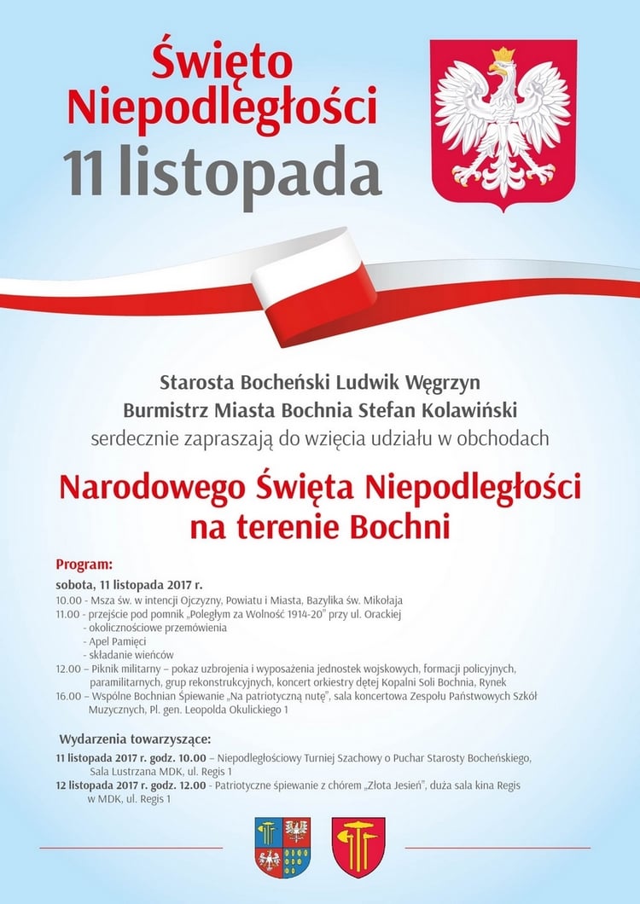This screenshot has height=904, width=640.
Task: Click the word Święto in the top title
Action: tap(222, 62)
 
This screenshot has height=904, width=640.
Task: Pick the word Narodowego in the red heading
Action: tap(153, 488)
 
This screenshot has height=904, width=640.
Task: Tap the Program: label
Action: tap(84, 565)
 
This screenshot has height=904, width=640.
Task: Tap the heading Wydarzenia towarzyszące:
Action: tap(134, 738)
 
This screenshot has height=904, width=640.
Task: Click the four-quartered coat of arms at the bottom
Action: tap(282, 847)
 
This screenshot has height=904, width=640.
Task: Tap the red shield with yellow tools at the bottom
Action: tap(358, 847)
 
